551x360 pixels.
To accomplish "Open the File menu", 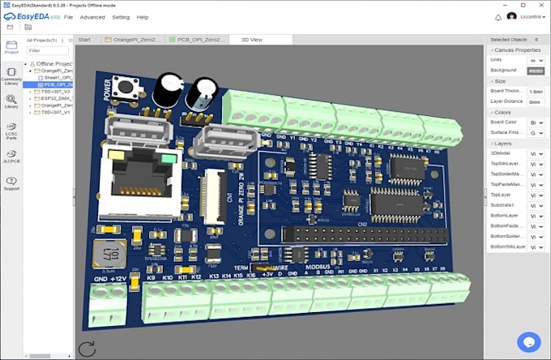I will point(68,17).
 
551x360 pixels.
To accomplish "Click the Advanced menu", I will point(92,17).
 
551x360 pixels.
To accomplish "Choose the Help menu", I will point(143,17).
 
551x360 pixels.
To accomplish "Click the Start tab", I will point(84,40).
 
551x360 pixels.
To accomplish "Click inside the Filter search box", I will point(48,50).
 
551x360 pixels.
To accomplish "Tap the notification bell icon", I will point(498,17).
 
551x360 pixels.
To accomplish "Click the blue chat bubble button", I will point(528,342).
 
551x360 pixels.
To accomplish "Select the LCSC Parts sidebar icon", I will point(11,131).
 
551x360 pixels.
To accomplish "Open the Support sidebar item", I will point(11,183).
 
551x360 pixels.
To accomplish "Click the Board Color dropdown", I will point(536,122).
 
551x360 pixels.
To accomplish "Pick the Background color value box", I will point(536,71).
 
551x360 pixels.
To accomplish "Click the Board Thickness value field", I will point(536,92).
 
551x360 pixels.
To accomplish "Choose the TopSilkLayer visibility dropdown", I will point(536,164).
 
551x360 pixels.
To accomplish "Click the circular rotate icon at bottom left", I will point(87,349).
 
